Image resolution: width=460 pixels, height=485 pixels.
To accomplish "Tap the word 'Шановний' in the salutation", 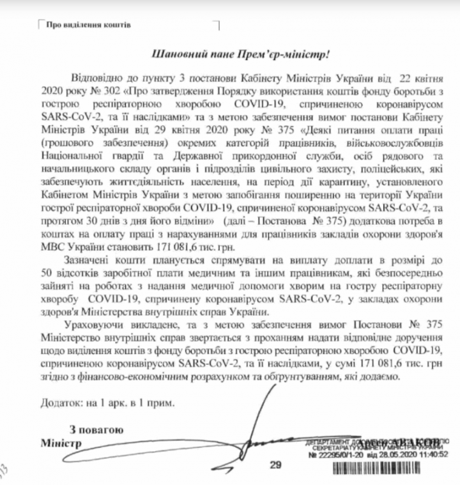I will click(173, 55).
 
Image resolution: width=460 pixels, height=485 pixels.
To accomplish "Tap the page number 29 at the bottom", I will click(275, 465).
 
